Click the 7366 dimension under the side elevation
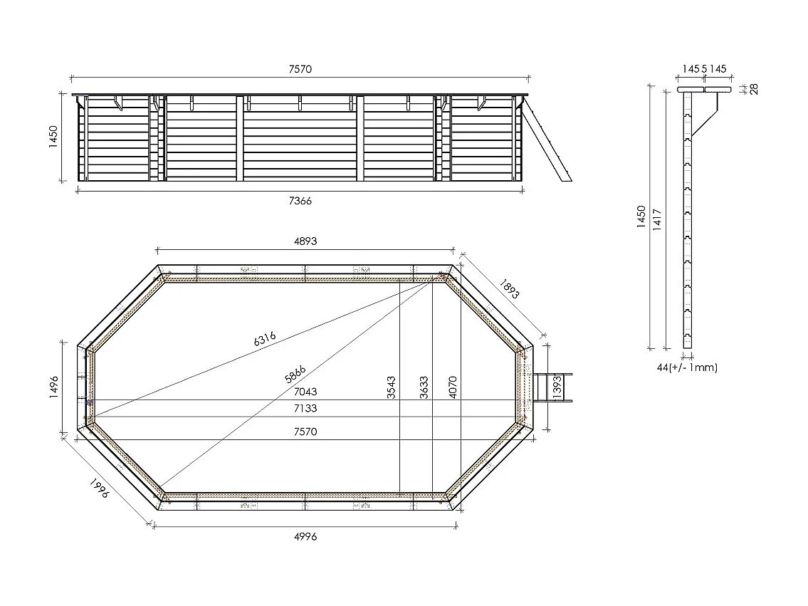pos(300,201)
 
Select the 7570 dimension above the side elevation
pos(300,69)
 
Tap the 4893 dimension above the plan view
pos(305,241)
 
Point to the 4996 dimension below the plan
pos(305,536)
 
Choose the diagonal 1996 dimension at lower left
pos(99,488)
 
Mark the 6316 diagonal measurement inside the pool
pos(264,339)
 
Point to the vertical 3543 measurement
pos(392,387)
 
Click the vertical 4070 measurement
pos(452,387)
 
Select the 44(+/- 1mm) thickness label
pos(687,367)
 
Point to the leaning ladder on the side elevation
pos(549,141)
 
